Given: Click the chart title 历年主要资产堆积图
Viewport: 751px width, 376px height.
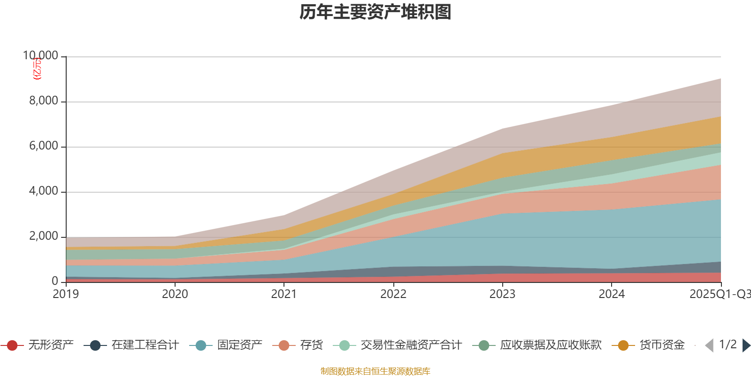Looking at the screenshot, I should click(x=375, y=12).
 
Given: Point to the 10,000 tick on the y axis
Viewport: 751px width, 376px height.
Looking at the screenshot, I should click(x=41, y=56).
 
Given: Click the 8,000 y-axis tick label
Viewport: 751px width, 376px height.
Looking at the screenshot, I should click(x=44, y=101).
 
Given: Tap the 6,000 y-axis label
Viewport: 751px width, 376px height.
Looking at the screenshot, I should click(x=44, y=146).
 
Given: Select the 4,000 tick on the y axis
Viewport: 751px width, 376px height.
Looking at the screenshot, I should click(x=44, y=191).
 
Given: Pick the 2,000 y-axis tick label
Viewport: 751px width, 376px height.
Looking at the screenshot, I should click(x=44, y=236).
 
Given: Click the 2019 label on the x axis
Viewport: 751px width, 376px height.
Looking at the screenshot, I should click(x=66, y=294).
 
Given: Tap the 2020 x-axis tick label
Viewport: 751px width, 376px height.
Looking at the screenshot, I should click(x=175, y=294).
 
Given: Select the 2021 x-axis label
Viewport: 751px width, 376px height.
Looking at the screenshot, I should click(x=284, y=294).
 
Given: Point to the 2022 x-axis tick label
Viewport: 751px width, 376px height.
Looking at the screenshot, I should click(x=393, y=294).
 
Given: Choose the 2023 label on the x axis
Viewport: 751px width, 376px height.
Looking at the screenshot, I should click(x=502, y=294).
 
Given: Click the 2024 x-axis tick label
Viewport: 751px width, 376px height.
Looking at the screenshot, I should click(x=612, y=294).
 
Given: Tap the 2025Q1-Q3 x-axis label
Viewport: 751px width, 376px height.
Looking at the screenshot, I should click(x=719, y=294).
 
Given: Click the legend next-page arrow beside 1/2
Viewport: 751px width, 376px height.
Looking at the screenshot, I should click(x=746, y=345).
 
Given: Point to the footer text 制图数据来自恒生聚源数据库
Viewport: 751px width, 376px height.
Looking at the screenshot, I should click(x=375, y=371).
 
